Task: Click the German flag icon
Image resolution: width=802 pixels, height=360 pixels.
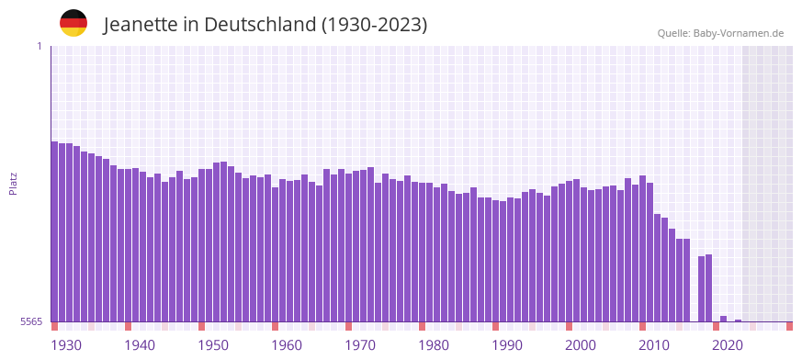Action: [x=73, y=23]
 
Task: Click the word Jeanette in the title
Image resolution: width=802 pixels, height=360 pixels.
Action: [x=141, y=25]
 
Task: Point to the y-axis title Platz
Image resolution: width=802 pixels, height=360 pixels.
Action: [x=13, y=184]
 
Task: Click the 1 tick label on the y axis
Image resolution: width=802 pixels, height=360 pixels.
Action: [x=39, y=46]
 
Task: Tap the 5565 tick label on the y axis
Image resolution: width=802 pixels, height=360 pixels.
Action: [x=30, y=321]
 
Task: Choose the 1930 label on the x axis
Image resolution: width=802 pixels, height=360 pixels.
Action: [x=66, y=345]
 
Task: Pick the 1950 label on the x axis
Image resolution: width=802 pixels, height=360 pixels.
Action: [x=213, y=345]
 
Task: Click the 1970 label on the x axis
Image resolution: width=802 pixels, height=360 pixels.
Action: [x=360, y=345]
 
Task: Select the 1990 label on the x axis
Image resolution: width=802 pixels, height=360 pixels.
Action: [x=507, y=345]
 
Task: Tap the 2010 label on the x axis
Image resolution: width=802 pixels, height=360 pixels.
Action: [x=654, y=345]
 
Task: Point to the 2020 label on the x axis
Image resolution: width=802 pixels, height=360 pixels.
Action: [x=728, y=345]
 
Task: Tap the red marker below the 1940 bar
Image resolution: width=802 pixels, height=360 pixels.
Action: [x=129, y=326]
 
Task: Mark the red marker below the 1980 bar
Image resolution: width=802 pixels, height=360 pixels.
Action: [x=423, y=326]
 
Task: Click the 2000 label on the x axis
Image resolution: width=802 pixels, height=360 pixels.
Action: [x=581, y=345]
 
